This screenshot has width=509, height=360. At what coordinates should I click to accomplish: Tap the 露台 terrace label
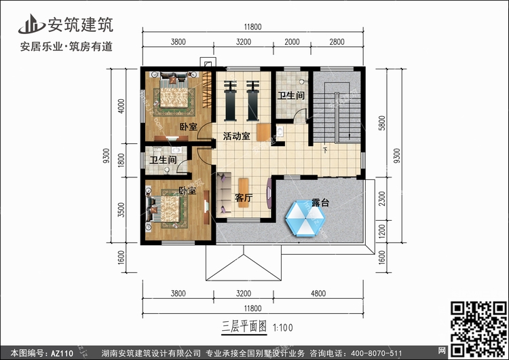[320, 202]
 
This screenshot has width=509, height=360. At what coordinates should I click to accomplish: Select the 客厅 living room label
[244, 197]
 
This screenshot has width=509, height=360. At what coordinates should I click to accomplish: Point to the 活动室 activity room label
[237, 136]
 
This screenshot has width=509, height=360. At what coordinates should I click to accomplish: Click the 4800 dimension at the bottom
[318, 293]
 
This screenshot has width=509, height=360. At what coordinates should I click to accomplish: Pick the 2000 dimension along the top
[292, 41]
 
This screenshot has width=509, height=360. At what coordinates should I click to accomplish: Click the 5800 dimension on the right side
[382, 123]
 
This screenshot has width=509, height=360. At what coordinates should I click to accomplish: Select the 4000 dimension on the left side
[121, 106]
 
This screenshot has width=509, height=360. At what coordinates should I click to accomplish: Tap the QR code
[478, 329]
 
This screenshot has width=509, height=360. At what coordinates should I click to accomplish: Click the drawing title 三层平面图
[244, 327]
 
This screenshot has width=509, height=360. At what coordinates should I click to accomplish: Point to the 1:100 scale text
[283, 327]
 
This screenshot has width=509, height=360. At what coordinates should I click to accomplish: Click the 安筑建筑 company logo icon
[31, 24]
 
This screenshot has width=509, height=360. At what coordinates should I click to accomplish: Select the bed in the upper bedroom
[174, 92]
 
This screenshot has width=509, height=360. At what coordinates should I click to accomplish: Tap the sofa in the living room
[224, 195]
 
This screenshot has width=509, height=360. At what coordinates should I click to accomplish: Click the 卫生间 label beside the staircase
[291, 95]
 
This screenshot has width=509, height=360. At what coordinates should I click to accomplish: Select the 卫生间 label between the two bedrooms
[163, 160]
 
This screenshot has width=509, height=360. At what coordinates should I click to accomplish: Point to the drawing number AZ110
[62, 353]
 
